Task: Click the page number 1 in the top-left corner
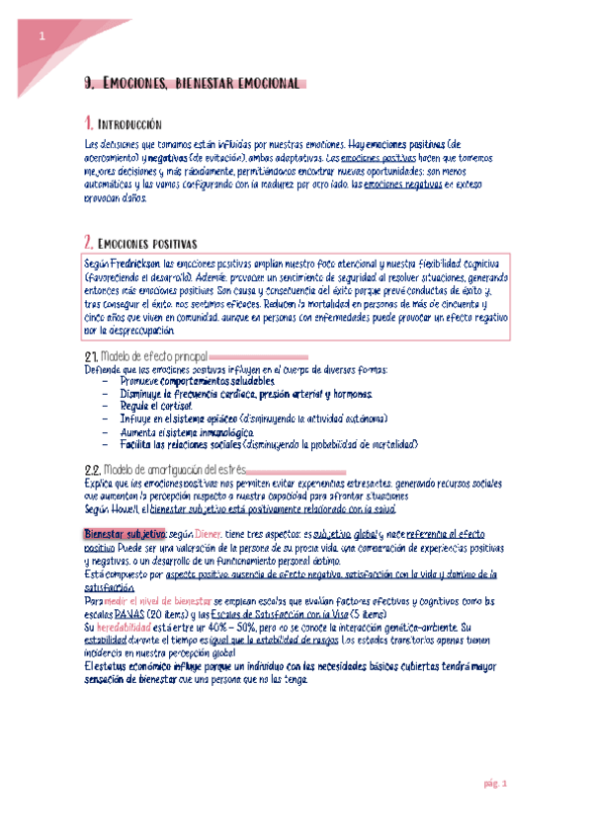(x=42, y=37)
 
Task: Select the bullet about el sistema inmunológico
(x=173, y=432)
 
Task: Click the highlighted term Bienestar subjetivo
(x=125, y=533)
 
